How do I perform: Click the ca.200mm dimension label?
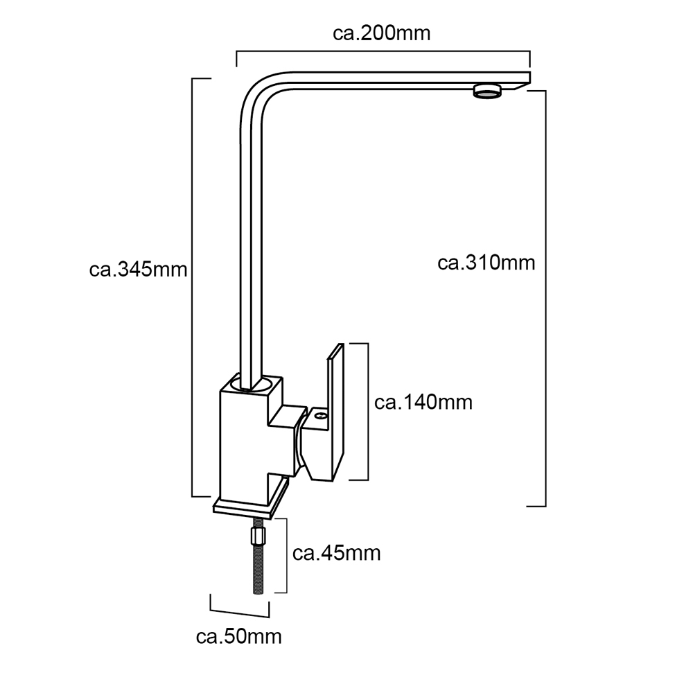(x=381, y=33)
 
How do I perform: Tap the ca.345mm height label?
(x=138, y=270)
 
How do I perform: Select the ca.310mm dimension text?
(x=486, y=263)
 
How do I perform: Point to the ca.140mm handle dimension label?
(x=423, y=402)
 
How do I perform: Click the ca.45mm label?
(x=336, y=553)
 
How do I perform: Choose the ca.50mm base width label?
(x=238, y=637)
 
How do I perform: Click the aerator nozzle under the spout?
(x=488, y=91)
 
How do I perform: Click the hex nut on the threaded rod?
(x=258, y=535)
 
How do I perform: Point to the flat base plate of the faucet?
(x=251, y=500)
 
